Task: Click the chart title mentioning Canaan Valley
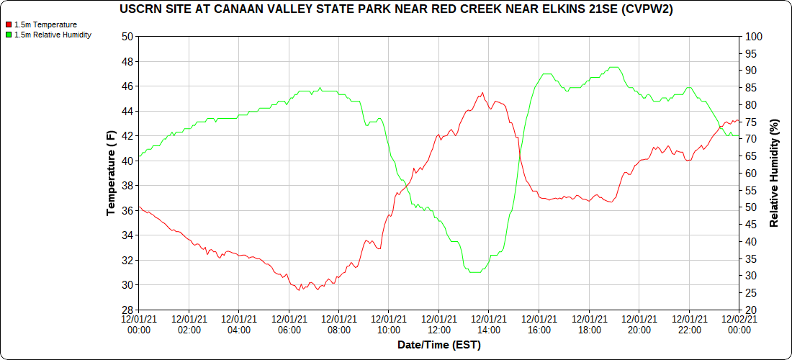tap(396, 9)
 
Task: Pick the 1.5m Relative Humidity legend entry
tap(53, 35)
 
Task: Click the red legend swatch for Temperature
tap(9, 24)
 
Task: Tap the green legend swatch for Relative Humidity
tap(9, 35)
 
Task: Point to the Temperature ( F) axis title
tap(111, 173)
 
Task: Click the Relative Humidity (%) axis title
tap(774, 173)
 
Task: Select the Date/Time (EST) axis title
tap(438, 345)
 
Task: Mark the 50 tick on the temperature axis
tap(127, 37)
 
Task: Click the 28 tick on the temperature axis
tap(127, 310)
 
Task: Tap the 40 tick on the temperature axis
tap(127, 161)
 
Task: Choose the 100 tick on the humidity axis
tap(753, 37)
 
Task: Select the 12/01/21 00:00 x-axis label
tap(139, 324)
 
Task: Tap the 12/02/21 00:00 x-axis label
tap(739, 324)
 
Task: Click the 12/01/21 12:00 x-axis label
tap(439, 324)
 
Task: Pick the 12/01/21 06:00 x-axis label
tap(289, 324)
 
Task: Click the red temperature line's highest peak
tap(482, 92)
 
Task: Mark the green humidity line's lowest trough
tap(474, 273)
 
